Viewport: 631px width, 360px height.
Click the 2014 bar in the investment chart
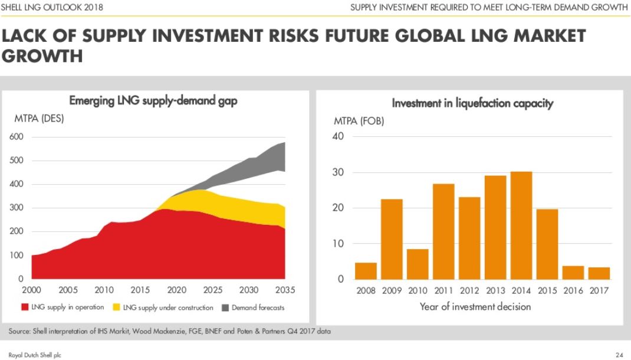(521, 225)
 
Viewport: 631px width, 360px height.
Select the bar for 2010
(418, 264)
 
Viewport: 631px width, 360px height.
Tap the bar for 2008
(366, 271)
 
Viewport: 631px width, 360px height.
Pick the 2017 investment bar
(599, 273)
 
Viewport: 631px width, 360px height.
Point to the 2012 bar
(469, 238)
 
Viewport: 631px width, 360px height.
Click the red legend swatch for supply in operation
(25, 307)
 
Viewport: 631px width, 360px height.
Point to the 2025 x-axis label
(213, 290)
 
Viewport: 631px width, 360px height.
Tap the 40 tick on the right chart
(338, 137)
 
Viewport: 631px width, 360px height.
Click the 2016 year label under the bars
(573, 290)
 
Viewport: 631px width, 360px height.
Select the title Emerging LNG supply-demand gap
(153, 101)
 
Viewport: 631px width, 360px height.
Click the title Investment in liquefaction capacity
(473, 104)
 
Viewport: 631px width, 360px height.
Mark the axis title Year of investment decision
(475, 306)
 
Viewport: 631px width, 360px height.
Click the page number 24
(619, 355)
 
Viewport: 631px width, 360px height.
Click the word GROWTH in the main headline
(42, 57)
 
